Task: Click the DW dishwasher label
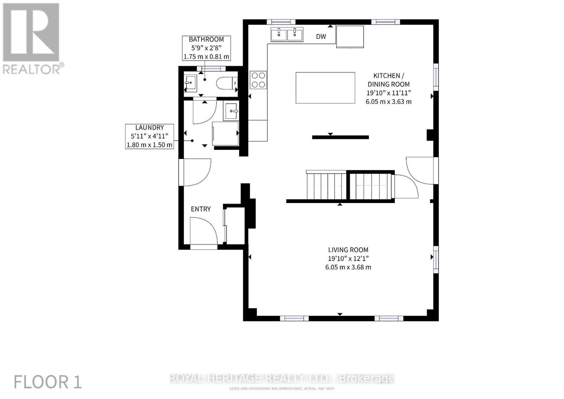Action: (321, 37)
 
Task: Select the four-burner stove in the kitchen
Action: (258, 80)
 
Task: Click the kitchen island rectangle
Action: (325, 88)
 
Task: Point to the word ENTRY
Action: (201, 209)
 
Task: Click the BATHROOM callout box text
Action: (206, 48)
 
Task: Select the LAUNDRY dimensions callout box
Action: (149, 136)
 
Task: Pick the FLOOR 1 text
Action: (48, 382)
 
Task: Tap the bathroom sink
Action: (190, 84)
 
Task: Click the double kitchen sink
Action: (287, 35)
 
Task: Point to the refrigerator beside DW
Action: (350, 37)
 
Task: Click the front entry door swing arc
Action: (204, 230)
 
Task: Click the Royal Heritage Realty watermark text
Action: (282, 379)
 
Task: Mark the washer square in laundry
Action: (225, 133)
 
